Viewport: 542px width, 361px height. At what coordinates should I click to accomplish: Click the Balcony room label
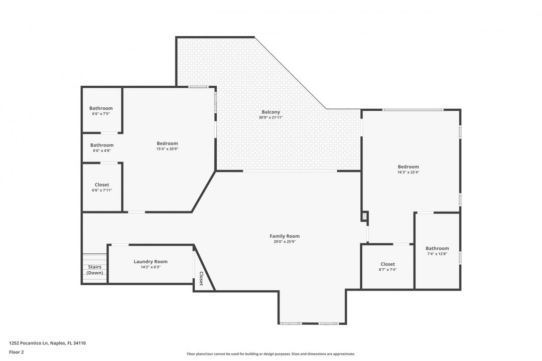[270, 112]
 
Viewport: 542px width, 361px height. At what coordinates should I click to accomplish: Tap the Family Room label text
[285, 236]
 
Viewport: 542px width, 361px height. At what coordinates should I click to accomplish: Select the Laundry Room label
[151, 261]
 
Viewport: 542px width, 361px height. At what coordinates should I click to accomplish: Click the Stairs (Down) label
[95, 270]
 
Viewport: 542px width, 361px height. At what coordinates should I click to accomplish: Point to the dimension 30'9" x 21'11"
[270, 118]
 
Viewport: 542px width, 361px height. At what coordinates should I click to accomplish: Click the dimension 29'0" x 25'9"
[285, 242]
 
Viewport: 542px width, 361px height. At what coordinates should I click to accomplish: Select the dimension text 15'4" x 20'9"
[167, 149]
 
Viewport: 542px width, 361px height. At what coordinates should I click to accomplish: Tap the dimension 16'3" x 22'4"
[408, 172]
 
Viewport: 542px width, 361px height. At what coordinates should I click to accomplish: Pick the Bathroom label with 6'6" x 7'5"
[101, 108]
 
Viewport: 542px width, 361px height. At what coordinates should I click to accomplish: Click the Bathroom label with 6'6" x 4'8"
[102, 145]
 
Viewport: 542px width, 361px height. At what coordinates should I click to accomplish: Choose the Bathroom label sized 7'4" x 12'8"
[437, 248]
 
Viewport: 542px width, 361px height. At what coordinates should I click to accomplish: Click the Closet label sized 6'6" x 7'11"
[102, 185]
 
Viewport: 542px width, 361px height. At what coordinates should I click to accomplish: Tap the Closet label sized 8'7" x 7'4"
[387, 264]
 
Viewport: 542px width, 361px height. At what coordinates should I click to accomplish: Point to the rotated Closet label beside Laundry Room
[201, 278]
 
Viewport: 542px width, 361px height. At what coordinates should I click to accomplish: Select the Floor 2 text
[17, 352]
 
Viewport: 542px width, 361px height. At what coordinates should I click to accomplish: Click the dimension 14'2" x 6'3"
[151, 267]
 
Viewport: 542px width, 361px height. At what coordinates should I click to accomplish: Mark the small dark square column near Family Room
[365, 217]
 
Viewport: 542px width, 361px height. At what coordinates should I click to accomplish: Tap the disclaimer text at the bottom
[270, 354]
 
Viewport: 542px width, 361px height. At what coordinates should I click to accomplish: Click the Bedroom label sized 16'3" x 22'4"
[408, 166]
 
